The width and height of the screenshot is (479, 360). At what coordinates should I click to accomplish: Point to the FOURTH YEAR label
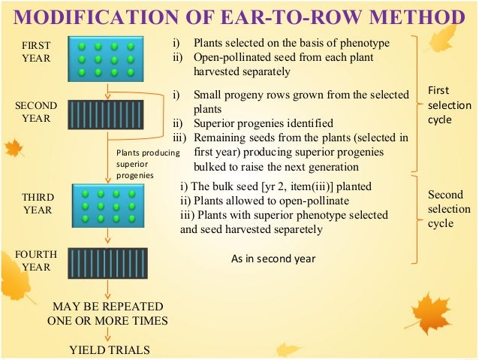click(35, 260)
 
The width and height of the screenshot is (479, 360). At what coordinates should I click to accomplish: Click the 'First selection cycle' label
click(448, 105)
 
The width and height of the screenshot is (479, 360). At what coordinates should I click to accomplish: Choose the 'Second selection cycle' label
click(445, 209)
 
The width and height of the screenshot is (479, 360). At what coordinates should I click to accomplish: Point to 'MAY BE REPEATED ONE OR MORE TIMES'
click(107, 313)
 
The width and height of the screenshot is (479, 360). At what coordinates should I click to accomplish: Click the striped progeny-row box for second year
click(110, 114)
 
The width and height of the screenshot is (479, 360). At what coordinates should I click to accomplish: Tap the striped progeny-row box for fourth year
click(110, 263)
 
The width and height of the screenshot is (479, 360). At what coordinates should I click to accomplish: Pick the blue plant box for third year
click(110, 204)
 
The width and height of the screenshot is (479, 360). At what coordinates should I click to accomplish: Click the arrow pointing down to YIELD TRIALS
click(108, 335)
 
